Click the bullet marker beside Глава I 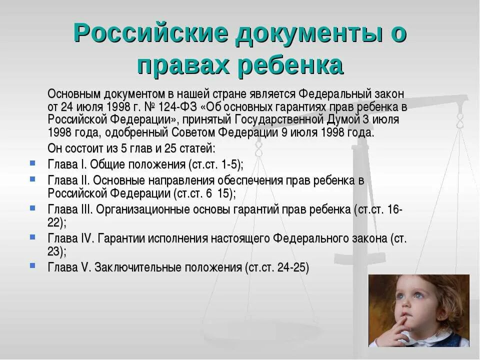tap(32, 163)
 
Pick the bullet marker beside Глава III tap(32, 207)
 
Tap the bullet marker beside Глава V tap(32, 265)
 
